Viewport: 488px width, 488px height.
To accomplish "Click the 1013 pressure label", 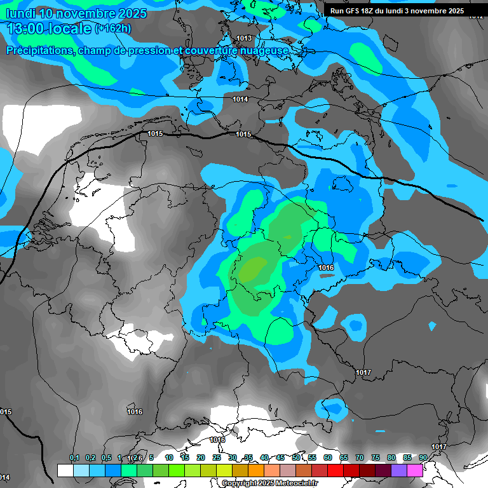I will pyautogui.click(x=244, y=38).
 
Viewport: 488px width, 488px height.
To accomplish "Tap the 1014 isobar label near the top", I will pyautogui.click(x=240, y=99).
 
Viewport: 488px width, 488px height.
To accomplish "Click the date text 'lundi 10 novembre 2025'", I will pyautogui.click(x=76, y=13).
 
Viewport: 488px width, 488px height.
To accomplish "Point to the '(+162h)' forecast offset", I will pyautogui.click(x=114, y=29).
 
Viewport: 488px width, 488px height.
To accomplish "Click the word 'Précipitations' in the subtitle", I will pyautogui.click(x=39, y=50).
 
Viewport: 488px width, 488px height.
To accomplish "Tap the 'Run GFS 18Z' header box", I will pyautogui.click(x=396, y=11).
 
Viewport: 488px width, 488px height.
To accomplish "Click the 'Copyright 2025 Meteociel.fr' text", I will pyautogui.click(x=269, y=484).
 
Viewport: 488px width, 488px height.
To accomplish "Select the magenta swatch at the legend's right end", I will pyautogui.click(x=415, y=470).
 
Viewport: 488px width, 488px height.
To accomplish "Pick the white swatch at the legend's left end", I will pyautogui.click(x=65, y=470).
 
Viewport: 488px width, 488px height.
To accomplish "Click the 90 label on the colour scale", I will pyautogui.click(x=423, y=457).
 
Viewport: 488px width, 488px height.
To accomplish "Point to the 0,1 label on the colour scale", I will pyautogui.click(x=74, y=457).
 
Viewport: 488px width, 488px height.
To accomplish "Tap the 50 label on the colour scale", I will pyautogui.click(x=296, y=457).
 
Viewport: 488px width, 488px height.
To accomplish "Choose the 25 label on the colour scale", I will pyautogui.click(x=217, y=457).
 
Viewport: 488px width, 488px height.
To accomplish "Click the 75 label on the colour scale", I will pyautogui.click(x=376, y=457).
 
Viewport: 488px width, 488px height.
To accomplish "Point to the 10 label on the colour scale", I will pyautogui.click(x=169, y=457).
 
